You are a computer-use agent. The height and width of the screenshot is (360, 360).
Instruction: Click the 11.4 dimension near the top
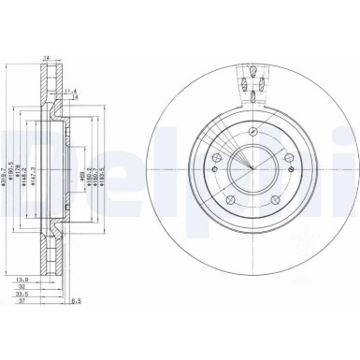[x=72, y=91]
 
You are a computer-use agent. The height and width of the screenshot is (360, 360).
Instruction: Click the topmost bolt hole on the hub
[x=252, y=130]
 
